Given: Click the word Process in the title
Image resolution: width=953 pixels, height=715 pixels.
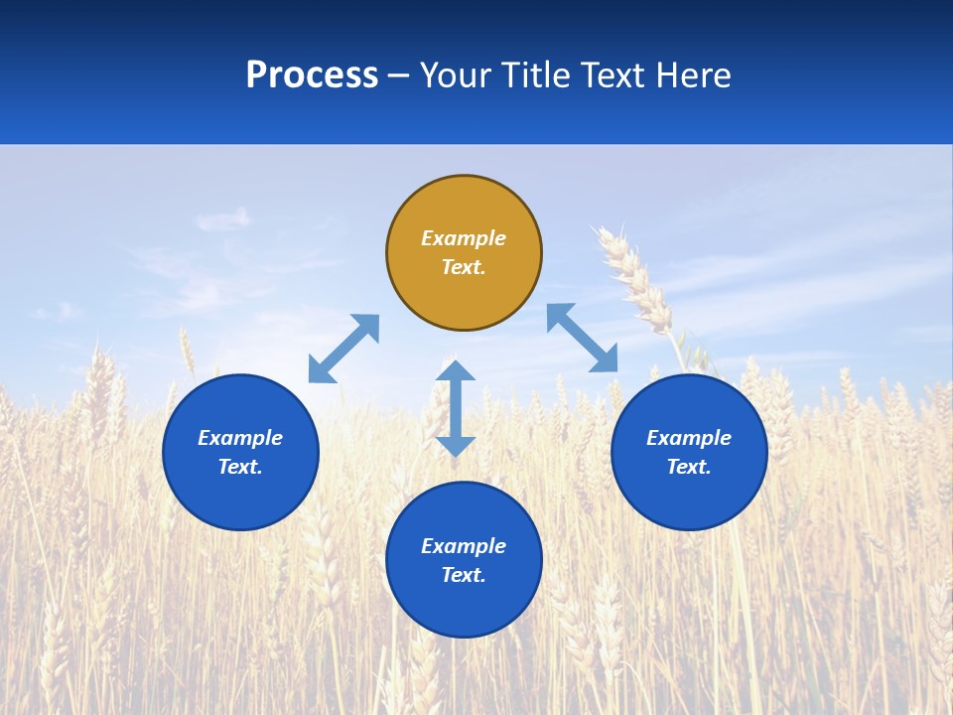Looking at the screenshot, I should point(312,75).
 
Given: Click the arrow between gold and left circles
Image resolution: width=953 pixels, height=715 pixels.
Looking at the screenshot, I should point(343,349).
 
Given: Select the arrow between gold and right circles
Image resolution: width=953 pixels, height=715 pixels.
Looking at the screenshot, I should point(583,339).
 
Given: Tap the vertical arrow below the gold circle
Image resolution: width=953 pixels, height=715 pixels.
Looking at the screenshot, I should point(456,408).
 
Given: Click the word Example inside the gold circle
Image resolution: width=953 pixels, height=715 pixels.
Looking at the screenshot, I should point(464,238).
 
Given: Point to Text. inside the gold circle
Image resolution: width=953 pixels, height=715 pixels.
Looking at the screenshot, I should point(464,267).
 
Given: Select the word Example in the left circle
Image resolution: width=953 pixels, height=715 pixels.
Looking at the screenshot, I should point(240,438).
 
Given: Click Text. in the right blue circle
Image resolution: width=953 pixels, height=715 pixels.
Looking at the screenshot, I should point(689,467).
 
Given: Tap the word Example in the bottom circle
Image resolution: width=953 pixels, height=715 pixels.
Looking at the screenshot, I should point(464,546).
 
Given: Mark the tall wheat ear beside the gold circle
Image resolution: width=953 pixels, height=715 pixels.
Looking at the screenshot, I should point(635,278).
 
